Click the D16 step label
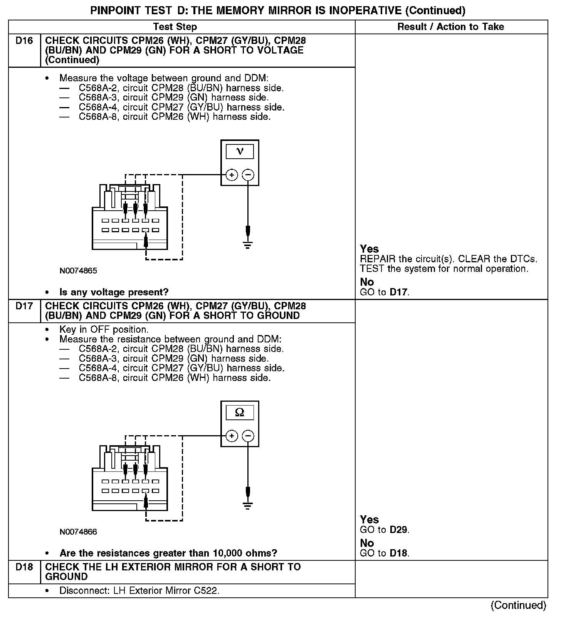click(24, 41)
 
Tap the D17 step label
click(24, 306)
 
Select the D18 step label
click(24, 567)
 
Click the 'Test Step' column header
click(175, 27)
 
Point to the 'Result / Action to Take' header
click(450, 27)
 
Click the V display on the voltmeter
click(240, 151)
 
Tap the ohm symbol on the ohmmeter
click(240, 412)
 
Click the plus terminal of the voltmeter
click(232, 175)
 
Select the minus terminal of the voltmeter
click(248, 175)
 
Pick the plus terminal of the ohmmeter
click(232, 436)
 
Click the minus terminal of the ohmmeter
click(248, 436)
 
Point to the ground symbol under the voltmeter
click(248, 245)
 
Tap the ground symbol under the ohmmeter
click(248, 506)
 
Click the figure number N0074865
click(78, 271)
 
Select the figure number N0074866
click(78, 532)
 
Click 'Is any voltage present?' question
click(114, 292)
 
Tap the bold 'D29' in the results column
click(398, 530)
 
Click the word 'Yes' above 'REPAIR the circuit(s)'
click(369, 249)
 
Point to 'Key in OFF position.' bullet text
click(104, 330)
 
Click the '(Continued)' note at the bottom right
click(518, 605)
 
